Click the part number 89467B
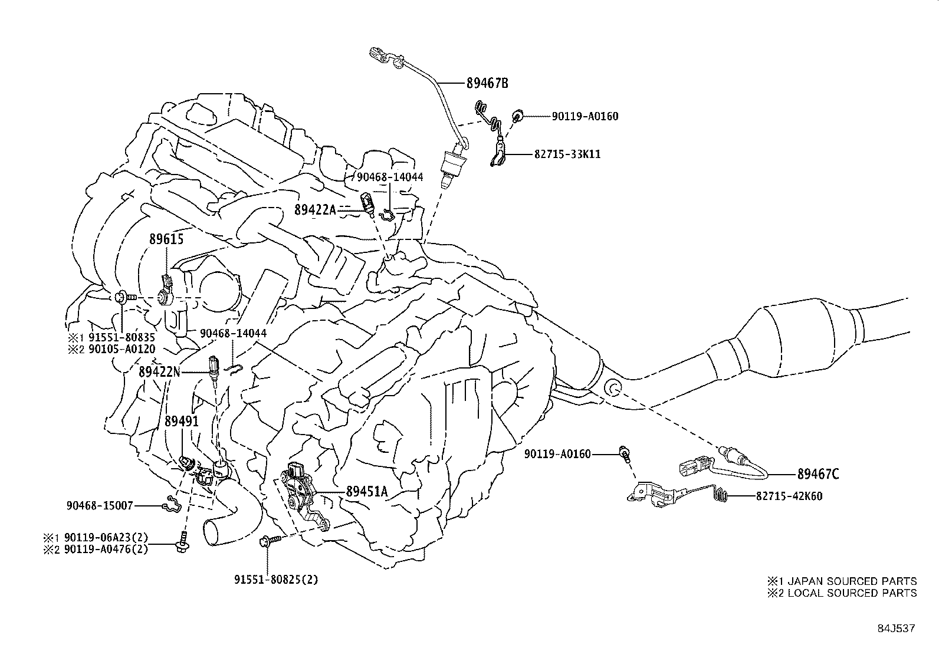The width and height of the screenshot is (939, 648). pyautogui.click(x=487, y=83)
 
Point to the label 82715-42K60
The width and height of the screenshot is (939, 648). pyautogui.click(x=789, y=496)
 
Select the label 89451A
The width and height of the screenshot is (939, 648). pyautogui.click(x=367, y=491)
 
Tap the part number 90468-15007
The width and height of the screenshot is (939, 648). pyautogui.click(x=100, y=505)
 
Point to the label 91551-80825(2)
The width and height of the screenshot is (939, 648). pyautogui.click(x=275, y=579)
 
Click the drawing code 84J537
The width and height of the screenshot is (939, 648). pyautogui.click(x=895, y=628)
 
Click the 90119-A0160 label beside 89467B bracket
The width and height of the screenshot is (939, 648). pyautogui.click(x=585, y=116)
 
